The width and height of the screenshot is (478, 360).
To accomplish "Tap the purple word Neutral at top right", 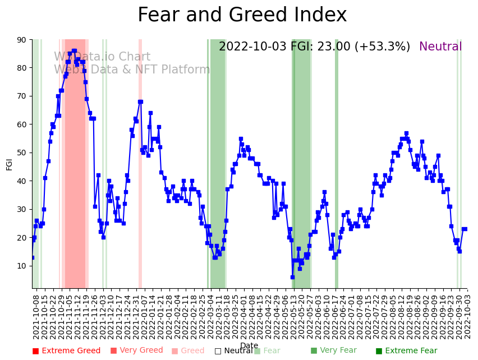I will (440, 47).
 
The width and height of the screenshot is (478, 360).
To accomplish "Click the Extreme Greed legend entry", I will (66, 351).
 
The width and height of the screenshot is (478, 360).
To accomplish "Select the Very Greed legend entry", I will (136, 351).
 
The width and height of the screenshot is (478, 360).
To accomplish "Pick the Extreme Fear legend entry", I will (406, 351).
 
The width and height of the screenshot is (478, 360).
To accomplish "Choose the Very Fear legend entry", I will (333, 351).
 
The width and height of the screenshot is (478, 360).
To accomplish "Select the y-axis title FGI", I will (10, 164).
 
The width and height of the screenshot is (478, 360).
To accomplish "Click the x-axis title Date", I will (249, 345).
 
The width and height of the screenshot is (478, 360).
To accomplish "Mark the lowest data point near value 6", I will (292, 277).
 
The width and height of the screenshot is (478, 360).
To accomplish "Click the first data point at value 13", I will (32, 257).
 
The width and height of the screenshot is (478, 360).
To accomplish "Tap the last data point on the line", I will (465, 229).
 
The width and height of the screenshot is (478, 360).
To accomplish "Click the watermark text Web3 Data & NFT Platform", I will (132, 70).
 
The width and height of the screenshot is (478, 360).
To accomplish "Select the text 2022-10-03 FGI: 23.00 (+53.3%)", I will (314, 47).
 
